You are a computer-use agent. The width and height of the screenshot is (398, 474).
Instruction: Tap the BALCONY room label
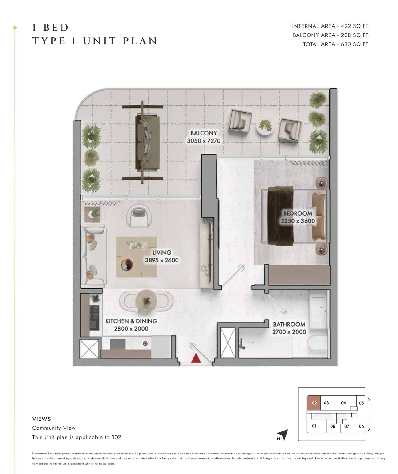point(204,133)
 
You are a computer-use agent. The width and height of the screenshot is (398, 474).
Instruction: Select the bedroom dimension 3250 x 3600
point(298,221)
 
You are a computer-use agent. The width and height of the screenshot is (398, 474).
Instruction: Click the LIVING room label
point(162,253)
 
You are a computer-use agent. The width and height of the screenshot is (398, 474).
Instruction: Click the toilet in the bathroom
point(318,347)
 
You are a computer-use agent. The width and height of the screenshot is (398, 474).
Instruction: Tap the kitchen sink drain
point(145,344)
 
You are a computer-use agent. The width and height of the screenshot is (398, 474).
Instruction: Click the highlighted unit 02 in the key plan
point(314,403)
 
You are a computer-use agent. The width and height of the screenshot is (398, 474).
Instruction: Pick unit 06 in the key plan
point(361,426)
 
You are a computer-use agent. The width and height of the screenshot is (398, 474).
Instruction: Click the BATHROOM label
point(289,324)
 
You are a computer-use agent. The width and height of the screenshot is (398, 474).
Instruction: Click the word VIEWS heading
point(42,419)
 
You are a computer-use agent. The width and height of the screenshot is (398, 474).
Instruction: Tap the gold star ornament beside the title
point(15,28)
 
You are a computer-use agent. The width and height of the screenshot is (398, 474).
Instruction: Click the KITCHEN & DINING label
point(131,321)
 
